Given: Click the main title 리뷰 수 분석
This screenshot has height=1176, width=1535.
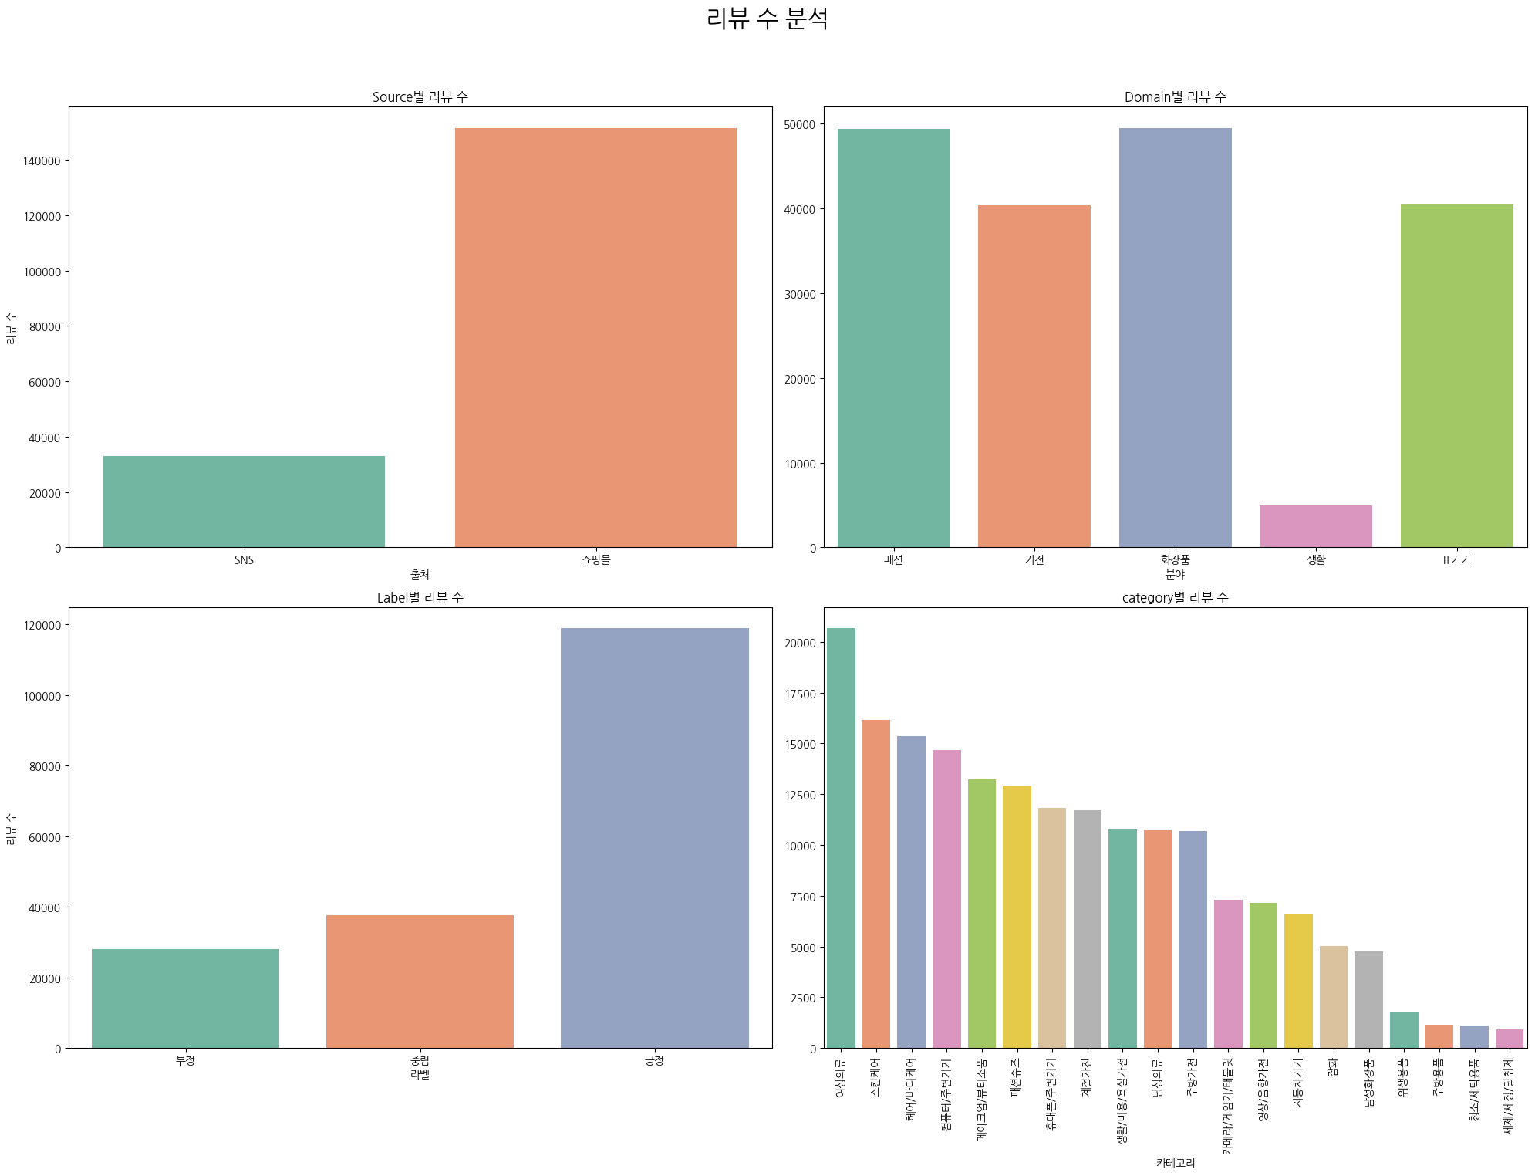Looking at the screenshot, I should [767, 19].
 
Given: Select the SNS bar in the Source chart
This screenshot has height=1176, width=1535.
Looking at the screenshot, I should [244, 502].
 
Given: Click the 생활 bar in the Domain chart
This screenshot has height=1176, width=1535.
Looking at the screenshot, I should [1315, 526].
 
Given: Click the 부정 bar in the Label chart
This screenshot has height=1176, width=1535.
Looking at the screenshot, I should [185, 999].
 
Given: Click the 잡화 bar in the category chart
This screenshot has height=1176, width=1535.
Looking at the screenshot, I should [1333, 997].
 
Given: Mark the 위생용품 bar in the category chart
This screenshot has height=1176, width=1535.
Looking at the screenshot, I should [1403, 1030].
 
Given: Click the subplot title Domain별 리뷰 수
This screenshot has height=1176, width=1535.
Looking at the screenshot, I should [1175, 96].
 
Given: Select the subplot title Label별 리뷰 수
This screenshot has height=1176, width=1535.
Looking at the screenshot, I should [420, 597].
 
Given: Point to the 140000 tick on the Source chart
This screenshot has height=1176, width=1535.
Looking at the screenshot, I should [42, 161].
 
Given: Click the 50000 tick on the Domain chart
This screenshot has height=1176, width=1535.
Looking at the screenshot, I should [800, 125].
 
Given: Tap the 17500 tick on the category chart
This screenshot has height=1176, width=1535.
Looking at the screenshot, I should [800, 694].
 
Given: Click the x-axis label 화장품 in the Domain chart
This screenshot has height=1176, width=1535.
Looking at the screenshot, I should [1175, 559].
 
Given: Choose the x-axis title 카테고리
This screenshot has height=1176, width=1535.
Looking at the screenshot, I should [1175, 1162].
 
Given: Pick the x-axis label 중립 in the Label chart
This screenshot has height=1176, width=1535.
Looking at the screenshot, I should [420, 1060].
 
